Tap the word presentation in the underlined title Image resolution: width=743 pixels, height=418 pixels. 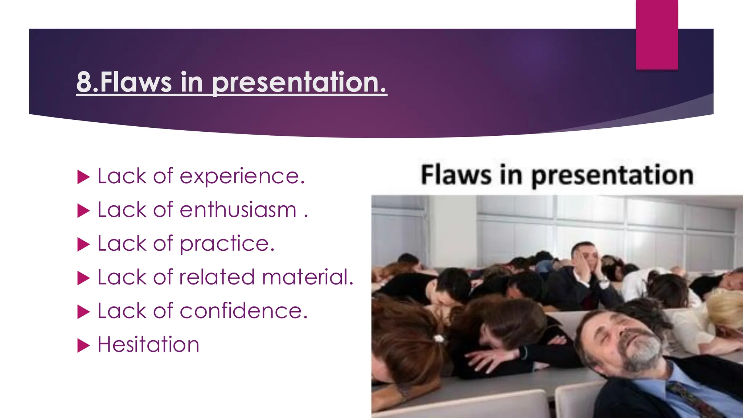point(299,83)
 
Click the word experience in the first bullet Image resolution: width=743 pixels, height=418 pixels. point(242,177)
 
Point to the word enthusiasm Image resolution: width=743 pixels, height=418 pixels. point(238,210)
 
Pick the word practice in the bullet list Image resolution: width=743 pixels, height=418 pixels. point(227,244)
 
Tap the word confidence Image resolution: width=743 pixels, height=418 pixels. point(243,311)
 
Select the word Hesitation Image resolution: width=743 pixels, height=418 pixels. point(148,345)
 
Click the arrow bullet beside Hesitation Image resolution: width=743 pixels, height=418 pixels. point(83,345)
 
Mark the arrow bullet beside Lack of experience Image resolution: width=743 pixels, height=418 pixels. point(83,177)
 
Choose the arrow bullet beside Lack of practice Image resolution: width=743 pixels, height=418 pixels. point(83,245)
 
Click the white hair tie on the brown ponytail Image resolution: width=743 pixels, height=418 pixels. point(439,339)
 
